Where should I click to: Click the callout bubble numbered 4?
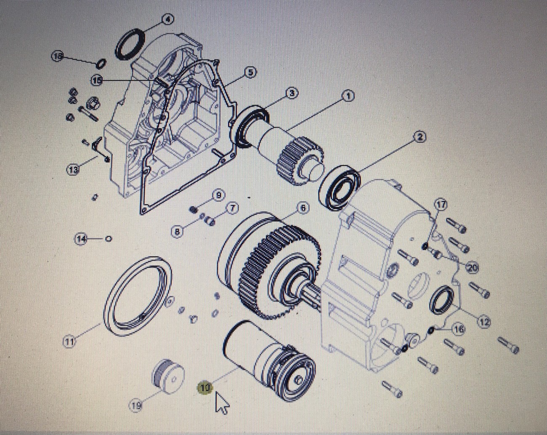tap(168, 19)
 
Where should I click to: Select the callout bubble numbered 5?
tap(250, 72)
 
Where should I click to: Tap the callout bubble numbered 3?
tap(292, 93)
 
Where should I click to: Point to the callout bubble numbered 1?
tap(348, 96)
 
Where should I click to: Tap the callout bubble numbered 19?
tap(135, 406)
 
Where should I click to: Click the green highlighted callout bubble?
tap(205, 388)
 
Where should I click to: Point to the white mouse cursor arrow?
tap(221, 403)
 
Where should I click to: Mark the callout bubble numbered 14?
tap(81, 239)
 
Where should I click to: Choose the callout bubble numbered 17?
tap(441, 205)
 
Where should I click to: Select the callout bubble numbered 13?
tap(73, 170)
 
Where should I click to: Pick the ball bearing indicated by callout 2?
tap(340, 188)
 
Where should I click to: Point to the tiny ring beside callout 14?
tap(109, 239)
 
